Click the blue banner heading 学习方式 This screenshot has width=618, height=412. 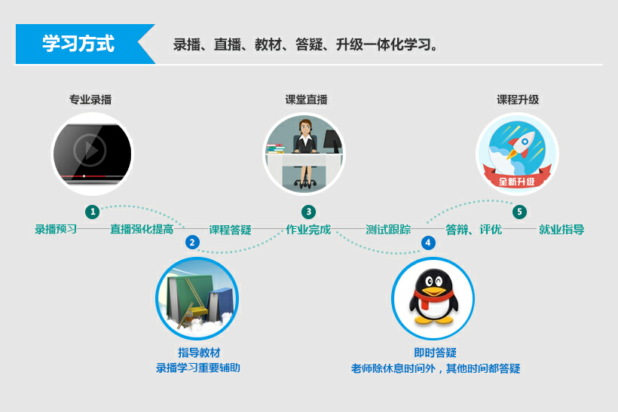pos(78,44)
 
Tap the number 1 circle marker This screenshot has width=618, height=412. pos(93,212)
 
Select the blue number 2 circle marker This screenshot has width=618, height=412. pos(192,243)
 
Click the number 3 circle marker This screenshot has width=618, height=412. pos(308,212)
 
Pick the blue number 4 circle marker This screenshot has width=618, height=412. pos(428,243)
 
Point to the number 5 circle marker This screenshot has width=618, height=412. pos(519,212)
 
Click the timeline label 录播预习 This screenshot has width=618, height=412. pos(56,229)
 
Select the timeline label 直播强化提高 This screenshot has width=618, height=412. pos(142,229)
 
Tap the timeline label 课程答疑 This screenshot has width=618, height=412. pos(230,230)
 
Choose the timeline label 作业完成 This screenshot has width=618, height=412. pos(308,229)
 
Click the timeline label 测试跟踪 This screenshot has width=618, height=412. pos(388,229)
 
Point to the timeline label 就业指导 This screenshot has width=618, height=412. pos(561,229)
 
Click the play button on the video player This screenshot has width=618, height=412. pos(90,150)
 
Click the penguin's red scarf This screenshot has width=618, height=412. pos(431,298)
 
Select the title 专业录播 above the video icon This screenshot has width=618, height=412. pos(90,99)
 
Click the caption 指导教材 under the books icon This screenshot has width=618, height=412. pos(199,352)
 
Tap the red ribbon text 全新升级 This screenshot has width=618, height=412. pos(517,182)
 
